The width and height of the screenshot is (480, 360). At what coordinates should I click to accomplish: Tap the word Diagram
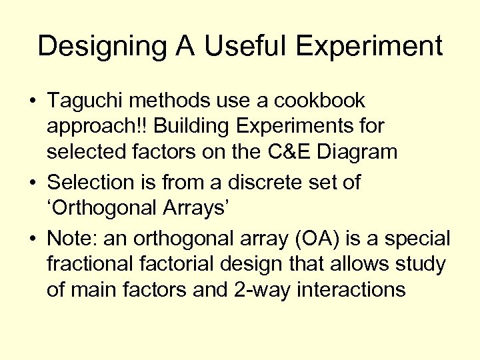(363, 152)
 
